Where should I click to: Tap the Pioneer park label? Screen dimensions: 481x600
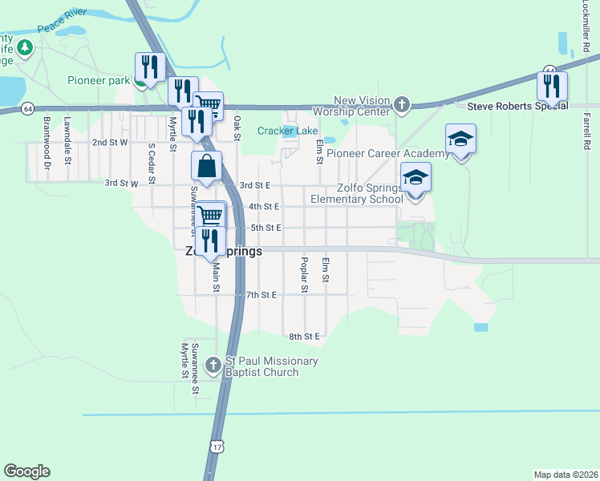[98, 80]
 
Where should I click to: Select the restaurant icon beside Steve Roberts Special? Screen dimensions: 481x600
[552, 86]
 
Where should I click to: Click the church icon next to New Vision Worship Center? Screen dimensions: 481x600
[402, 105]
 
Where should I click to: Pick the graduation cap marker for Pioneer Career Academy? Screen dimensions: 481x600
[461, 139]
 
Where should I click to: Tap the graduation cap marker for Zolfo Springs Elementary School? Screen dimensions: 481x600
[416, 178]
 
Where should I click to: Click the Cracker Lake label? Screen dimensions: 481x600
[287, 131]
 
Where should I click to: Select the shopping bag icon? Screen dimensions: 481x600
[207, 167]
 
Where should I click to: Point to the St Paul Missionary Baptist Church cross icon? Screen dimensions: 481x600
[213, 366]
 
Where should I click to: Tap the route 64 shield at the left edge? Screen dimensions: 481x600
[28, 108]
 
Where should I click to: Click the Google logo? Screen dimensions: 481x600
[26, 471]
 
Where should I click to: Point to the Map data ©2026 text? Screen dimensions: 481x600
[566, 475]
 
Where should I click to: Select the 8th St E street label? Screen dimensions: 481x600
[305, 336]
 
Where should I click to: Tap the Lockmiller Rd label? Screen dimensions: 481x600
[585, 22]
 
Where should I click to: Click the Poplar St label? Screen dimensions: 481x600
[304, 274]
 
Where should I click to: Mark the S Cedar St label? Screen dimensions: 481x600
[150, 163]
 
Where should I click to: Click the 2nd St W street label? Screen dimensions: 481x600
[110, 143]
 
